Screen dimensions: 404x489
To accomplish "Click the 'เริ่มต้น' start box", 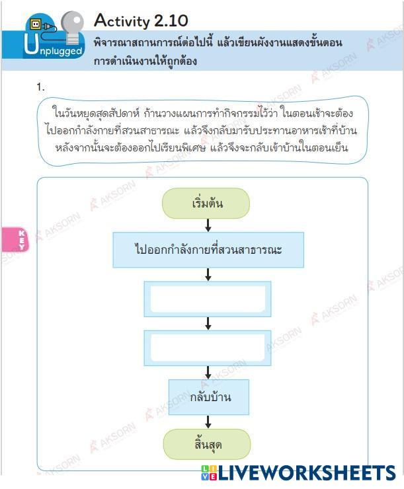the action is (x=206, y=204).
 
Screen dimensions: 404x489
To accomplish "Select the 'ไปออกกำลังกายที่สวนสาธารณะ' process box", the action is (x=208, y=250).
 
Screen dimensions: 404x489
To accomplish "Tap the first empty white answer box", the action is (x=208, y=299).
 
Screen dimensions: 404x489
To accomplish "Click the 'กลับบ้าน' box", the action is (x=208, y=397).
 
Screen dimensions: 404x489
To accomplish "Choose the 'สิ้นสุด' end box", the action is (x=207, y=444).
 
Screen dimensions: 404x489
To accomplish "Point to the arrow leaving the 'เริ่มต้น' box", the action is (x=208, y=225).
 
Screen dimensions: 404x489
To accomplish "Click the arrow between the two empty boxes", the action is (x=208, y=323).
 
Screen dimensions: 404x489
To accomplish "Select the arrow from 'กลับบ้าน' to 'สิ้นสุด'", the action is (x=208, y=422).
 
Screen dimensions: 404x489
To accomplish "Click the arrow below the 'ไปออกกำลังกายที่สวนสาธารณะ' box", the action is (x=208, y=274).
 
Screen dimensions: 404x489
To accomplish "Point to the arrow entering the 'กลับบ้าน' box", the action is (x=208, y=371).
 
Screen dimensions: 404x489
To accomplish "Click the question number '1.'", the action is (x=41, y=87).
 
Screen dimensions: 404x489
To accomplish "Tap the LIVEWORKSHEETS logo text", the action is (x=307, y=472).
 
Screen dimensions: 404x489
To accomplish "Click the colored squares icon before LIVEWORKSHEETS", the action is (x=209, y=472).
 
